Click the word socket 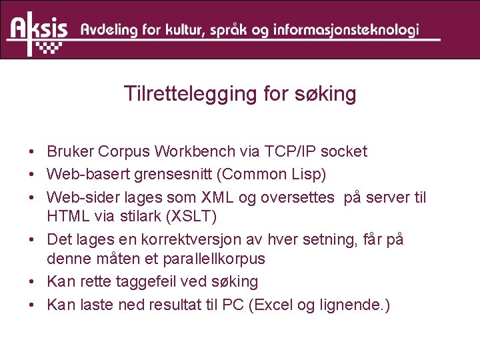pyautogui.click(x=344, y=151)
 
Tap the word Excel pyautogui.click(x=274, y=305)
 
